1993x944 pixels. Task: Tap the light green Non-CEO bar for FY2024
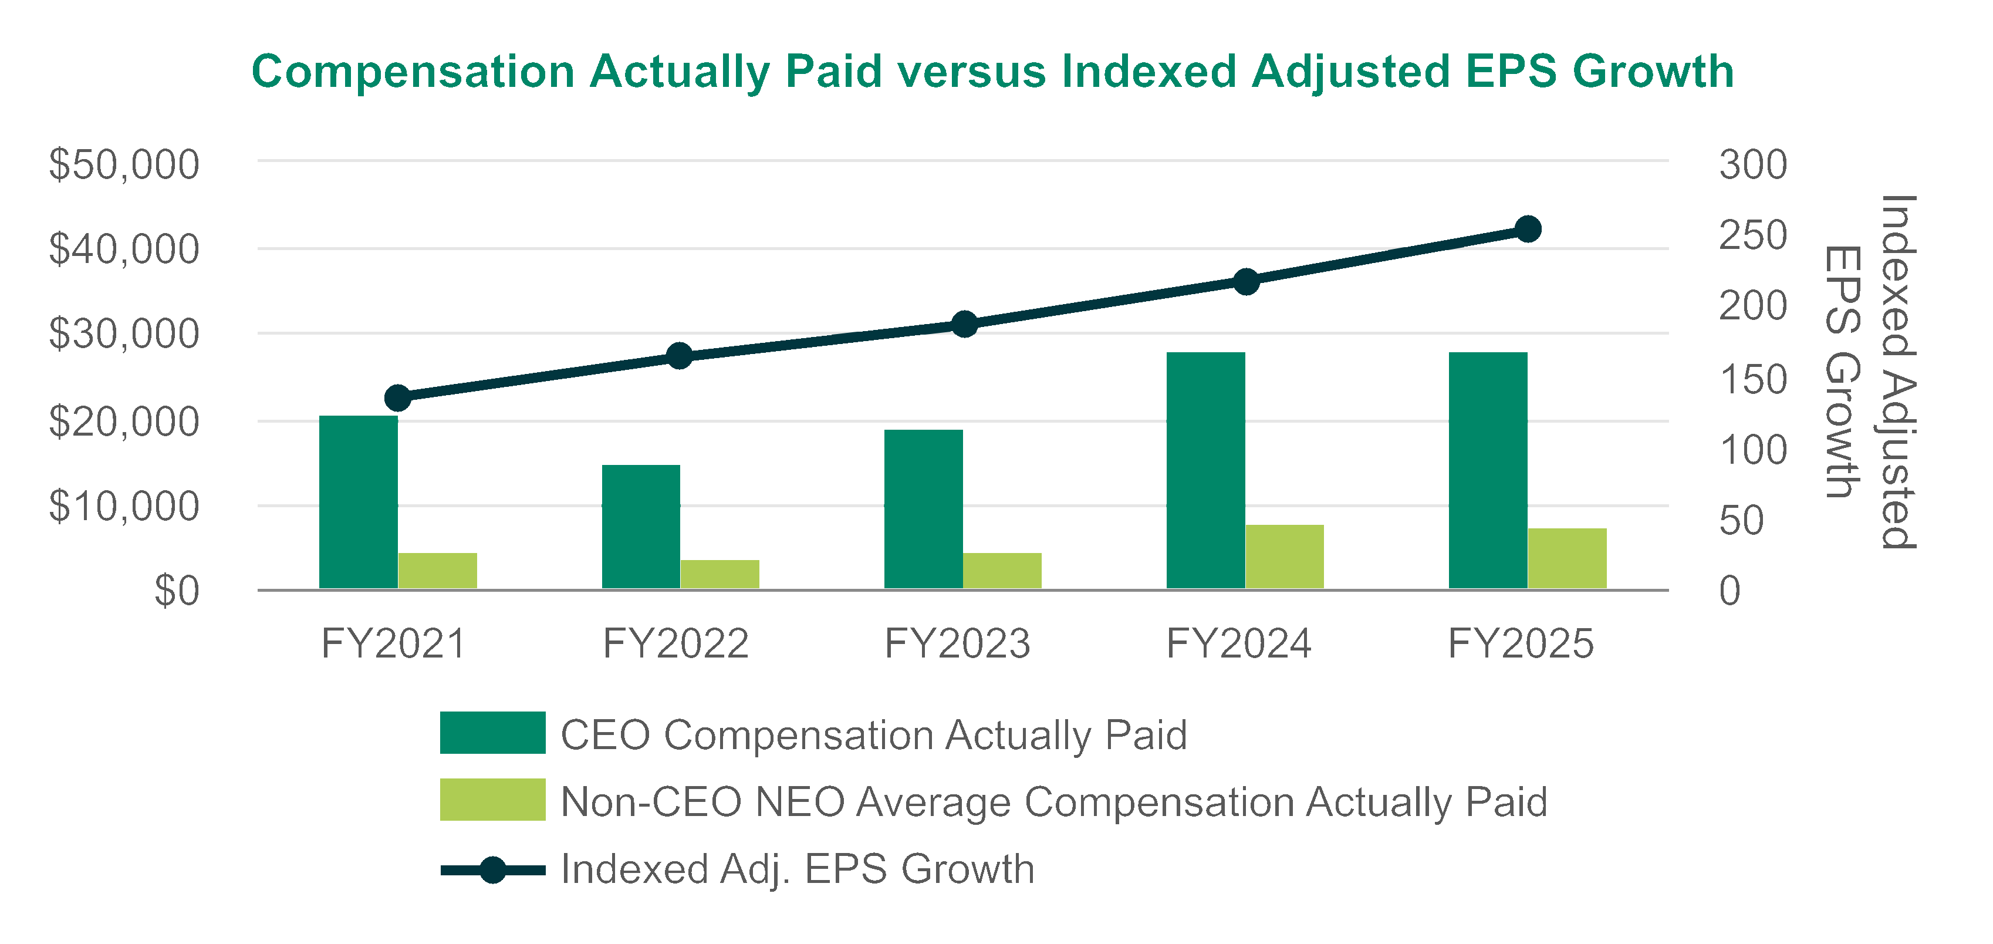point(1284,557)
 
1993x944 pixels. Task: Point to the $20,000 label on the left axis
point(124,422)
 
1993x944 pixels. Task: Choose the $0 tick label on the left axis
point(177,591)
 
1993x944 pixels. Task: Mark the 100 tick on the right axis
point(1752,450)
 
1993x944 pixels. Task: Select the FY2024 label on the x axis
point(1239,644)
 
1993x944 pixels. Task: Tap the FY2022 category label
point(675,644)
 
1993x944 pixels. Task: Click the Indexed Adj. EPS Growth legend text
point(797,868)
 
